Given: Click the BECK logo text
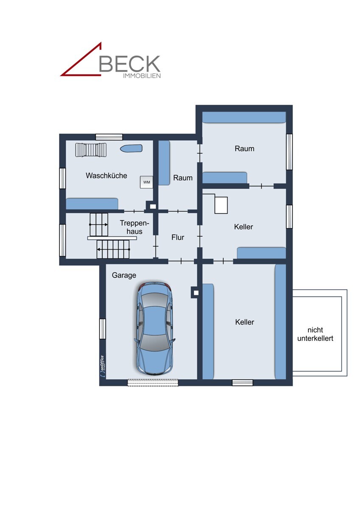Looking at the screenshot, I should pyautogui.click(x=129, y=63).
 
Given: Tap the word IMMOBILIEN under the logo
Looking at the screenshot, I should pyautogui.click(x=141, y=76).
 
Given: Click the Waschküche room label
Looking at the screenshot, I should pyautogui.click(x=106, y=176).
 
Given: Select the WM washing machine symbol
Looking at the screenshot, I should pyautogui.click(x=146, y=182).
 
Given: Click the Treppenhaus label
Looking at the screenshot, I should pyautogui.click(x=134, y=227).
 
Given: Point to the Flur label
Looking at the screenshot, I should pyautogui.click(x=178, y=238).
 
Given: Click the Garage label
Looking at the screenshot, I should pyautogui.click(x=124, y=275).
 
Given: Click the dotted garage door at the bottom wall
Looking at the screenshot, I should pyautogui.click(x=153, y=383).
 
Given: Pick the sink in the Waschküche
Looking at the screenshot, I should pyautogui.click(x=131, y=148).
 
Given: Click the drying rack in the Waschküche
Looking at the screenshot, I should pyautogui.click(x=91, y=150).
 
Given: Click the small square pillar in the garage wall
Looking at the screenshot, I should pyautogui.click(x=195, y=292).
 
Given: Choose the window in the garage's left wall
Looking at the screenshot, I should pyautogui.click(x=102, y=329).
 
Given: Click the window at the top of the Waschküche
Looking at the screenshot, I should pyautogui.click(x=109, y=137).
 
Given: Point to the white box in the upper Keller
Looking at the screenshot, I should pyautogui.click(x=221, y=205).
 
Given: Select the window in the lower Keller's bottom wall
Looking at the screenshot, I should pyautogui.click(x=242, y=383).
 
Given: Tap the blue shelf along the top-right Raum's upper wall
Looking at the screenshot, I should pyautogui.click(x=244, y=117).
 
